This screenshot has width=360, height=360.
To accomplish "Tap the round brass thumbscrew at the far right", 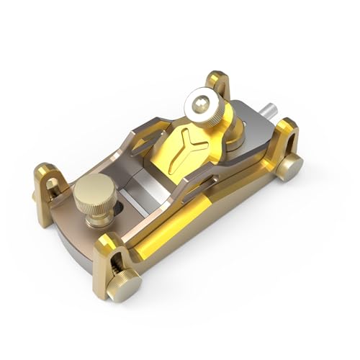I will tap(290, 167).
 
